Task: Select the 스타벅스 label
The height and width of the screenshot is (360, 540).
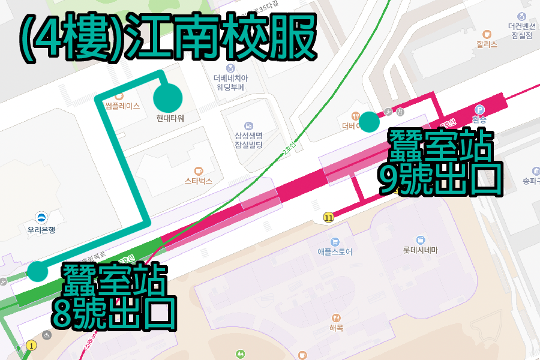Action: click(199, 181)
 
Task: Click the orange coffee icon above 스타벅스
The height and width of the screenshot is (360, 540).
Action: click(199, 170)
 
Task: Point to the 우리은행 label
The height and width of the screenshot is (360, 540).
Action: click(42, 229)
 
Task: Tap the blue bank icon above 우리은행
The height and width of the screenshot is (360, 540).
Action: click(42, 217)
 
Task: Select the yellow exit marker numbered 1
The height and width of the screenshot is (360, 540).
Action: click(32, 345)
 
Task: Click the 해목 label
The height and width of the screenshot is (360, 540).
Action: click(336, 328)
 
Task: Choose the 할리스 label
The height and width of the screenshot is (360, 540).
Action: click(487, 44)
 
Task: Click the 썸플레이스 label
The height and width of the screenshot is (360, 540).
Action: click(122, 106)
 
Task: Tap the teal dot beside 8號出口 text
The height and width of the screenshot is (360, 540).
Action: click(37, 271)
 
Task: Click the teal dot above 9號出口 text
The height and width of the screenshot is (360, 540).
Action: click(369, 122)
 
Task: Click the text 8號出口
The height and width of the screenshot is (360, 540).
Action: click(114, 311)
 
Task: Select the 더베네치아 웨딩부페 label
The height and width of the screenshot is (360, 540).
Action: click(231, 82)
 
